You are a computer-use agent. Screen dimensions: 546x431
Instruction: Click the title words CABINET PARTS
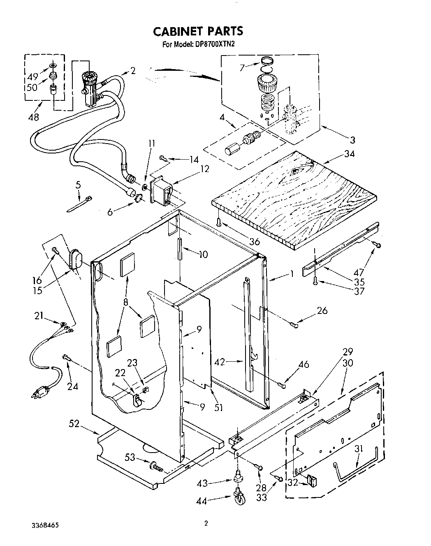[198, 31]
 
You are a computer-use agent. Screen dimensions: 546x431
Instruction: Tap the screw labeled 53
[157, 467]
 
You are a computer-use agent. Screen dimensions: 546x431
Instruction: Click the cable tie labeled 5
[79, 205]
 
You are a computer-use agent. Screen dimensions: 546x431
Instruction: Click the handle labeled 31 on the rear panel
[356, 470]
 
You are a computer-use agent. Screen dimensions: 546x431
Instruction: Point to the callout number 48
[33, 117]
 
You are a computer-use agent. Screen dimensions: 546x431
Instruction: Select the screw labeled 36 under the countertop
[219, 223]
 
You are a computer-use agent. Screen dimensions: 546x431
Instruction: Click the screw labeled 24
[66, 358]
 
